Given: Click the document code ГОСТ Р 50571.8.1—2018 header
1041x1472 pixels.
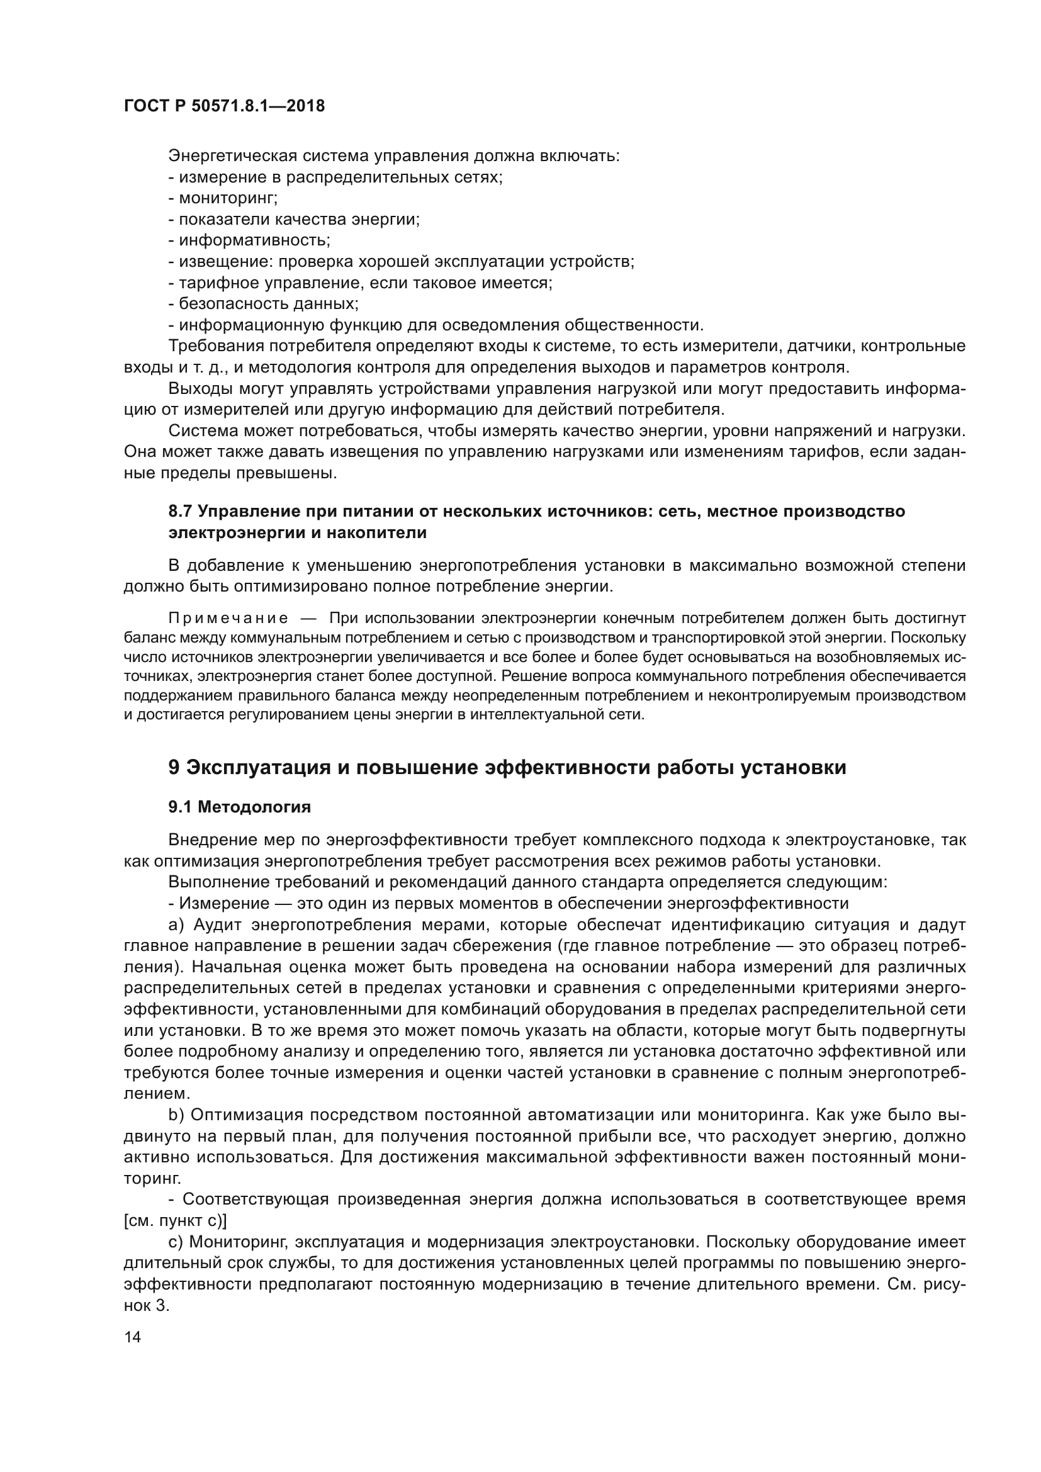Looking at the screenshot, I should (224, 106).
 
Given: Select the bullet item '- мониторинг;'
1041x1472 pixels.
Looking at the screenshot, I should (222, 198).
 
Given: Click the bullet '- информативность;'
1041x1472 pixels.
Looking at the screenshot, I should (249, 240).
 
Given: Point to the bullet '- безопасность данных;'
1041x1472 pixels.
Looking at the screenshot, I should (263, 303).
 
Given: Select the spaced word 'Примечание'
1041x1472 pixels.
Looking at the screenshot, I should (228, 619).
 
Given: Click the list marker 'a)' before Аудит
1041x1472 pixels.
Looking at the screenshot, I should (176, 925).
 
